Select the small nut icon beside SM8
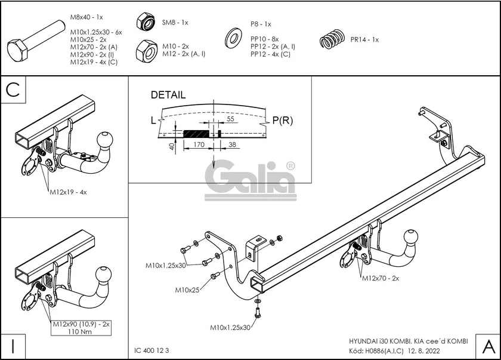pos(145,22)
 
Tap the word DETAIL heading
pos(168,95)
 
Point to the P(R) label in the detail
pos(282,121)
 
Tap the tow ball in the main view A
pos(413,238)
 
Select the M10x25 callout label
pos(187,290)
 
